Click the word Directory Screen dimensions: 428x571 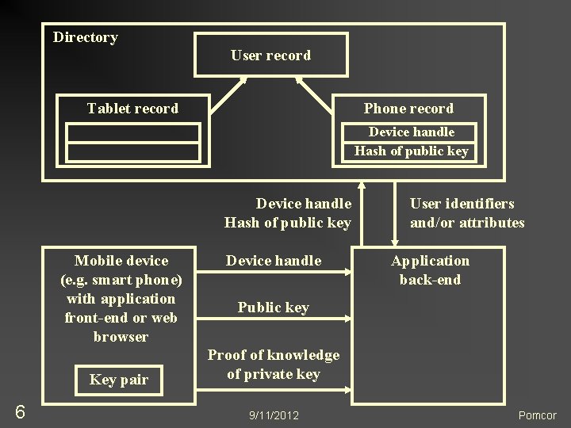[x=85, y=37]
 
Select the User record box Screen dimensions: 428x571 [x=270, y=55]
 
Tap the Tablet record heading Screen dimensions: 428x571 [x=132, y=109]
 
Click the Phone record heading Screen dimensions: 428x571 [x=408, y=109]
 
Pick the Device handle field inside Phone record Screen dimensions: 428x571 [x=411, y=132]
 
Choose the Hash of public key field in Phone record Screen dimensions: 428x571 [x=411, y=151]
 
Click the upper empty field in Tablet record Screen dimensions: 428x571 [x=132, y=133]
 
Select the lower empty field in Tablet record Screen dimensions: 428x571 [x=132, y=151]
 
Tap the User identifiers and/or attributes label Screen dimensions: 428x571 [x=467, y=213]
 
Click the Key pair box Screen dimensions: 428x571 [x=119, y=380]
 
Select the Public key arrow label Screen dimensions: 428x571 [x=273, y=308]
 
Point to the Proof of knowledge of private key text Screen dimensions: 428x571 [x=273, y=365]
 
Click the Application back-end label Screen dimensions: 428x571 [x=430, y=270]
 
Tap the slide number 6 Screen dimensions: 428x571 [x=20, y=411]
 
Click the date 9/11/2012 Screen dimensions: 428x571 [x=274, y=415]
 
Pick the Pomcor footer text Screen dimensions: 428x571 [x=537, y=415]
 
